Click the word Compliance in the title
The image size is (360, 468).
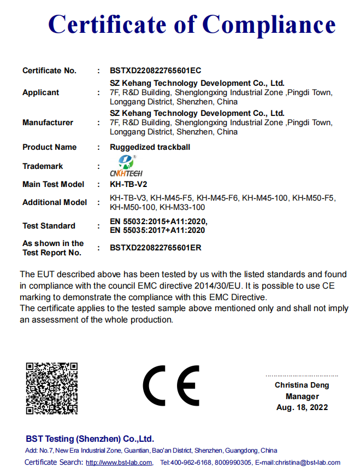click(269, 25)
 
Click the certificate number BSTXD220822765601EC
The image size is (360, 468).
click(156, 71)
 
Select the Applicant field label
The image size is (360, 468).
click(40, 92)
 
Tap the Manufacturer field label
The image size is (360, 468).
click(48, 122)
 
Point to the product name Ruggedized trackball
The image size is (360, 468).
click(150, 147)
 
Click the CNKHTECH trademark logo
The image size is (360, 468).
click(126, 166)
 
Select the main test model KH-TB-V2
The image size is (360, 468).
click(128, 184)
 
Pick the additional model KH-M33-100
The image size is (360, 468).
click(182, 207)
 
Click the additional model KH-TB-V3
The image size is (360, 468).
click(128, 198)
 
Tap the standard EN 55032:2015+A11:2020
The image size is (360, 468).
click(158, 221)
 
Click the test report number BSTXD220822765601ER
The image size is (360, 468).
click(156, 248)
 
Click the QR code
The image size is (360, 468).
click(51, 388)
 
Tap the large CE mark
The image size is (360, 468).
click(171, 386)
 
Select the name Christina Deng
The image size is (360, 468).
click(302, 385)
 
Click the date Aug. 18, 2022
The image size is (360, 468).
click(302, 407)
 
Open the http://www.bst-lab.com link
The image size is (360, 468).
click(119, 463)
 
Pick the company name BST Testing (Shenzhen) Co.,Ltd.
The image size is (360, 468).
click(90, 439)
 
